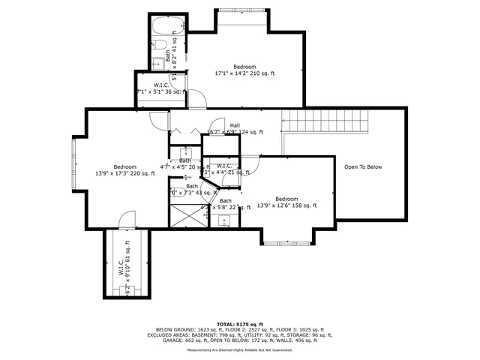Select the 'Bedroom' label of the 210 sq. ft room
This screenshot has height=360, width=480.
tap(244, 67)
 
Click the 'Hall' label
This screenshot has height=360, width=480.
tap(235, 125)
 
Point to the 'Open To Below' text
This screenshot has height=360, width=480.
tap(363, 166)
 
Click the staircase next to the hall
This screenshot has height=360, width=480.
tap(326, 121)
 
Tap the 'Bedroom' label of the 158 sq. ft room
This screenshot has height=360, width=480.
tap(286, 199)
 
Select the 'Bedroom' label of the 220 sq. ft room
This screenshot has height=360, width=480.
tap(125, 166)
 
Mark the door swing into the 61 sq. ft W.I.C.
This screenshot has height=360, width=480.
tap(127, 220)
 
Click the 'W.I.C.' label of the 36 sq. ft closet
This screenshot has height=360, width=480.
tap(160, 85)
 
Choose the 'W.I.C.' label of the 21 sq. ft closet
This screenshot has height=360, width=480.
tap(223, 166)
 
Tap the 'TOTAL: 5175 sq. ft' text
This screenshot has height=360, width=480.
tap(241, 324)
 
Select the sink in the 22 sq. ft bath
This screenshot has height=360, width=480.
tap(223, 220)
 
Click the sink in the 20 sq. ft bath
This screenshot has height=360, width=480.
tap(184, 151)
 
